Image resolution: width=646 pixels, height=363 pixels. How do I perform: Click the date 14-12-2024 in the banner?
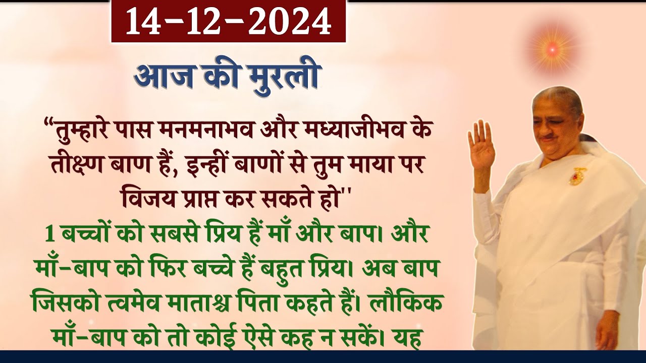point(228,21)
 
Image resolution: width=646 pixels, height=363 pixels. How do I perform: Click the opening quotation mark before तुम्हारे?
point(49,124)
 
